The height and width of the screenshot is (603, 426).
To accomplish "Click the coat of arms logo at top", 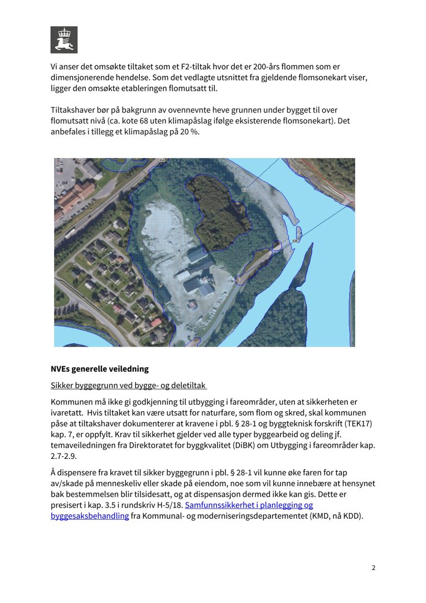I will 64,40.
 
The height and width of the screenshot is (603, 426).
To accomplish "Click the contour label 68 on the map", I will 294,241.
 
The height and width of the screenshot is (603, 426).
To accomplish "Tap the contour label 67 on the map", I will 244,190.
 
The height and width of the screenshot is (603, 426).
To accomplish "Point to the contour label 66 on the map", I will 162,160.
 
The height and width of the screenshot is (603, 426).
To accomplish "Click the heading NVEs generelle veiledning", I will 100,369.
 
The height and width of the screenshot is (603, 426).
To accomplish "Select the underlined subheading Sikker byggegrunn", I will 129,385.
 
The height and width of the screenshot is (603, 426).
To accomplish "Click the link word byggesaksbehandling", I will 89,516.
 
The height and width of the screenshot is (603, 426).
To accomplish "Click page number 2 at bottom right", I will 374,568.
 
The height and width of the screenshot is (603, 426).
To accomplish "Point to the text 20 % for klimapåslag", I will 188,132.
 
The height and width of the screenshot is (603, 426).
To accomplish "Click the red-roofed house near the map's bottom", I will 156,323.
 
